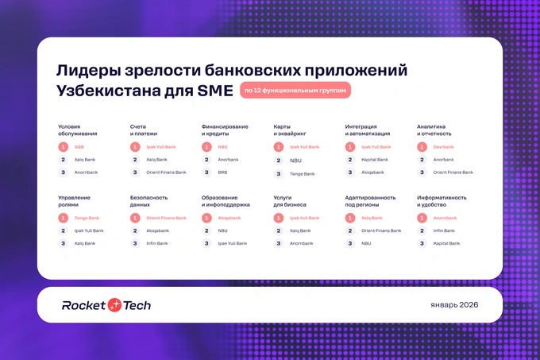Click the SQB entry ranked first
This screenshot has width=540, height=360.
click(79, 147)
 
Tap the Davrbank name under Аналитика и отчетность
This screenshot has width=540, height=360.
click(443, 147)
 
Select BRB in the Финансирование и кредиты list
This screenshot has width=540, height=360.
click(222, 172)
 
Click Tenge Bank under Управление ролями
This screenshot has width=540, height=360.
click(87, 218)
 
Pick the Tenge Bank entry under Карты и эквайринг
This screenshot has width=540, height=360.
click(302, 173)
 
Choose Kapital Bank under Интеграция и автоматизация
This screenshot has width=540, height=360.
click(375, 160)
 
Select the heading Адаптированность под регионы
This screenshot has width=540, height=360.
click(372, 201)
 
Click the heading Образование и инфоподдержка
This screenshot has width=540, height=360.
click(226, 201)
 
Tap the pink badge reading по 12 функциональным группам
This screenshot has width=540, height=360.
click(295, 91)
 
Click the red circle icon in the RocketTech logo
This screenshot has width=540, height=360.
click(115, 305)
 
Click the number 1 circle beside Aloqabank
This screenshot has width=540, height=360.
click(206, 218)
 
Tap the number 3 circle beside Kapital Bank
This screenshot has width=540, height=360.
click(422, 243)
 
